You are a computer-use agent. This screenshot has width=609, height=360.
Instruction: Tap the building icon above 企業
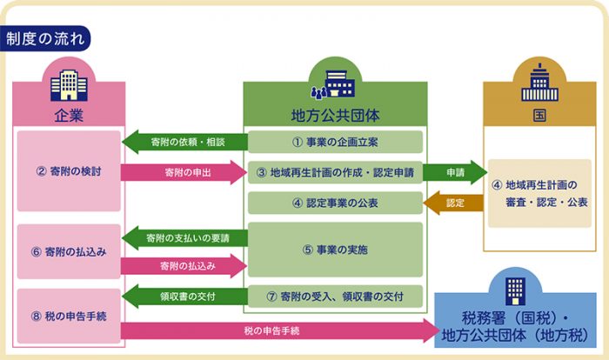tap(69, 84)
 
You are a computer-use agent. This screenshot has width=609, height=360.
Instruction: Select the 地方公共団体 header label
tap(335, 115)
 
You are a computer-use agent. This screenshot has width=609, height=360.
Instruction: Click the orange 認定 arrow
tap(454, 203)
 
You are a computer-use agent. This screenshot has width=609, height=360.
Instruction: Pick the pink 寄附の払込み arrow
tap(184, 265)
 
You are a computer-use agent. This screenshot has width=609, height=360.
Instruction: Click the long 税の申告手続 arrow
tap(278, 330)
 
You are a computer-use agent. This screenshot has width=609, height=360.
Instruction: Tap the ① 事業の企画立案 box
tap(335, 142)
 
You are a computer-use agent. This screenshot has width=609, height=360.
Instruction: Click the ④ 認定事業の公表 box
tap(335, 203)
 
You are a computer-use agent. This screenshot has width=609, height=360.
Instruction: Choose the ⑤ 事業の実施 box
tap(335, 250)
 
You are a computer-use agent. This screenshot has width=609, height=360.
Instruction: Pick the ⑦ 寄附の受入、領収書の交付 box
tap(335, 297)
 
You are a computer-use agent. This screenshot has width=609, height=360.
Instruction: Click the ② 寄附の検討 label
tap(69, 171)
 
